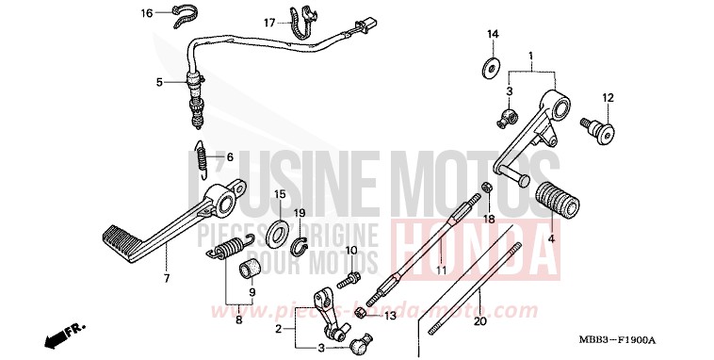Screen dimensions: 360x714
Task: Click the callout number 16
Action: pyautogui.click(x=147, y=13)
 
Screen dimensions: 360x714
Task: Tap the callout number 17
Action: pyautogui.click(x=269, y=23)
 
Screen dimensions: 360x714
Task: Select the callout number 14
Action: pyautogui.click(x=492, y=35)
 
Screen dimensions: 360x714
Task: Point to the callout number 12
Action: pyautogui.click(x=608, y=97)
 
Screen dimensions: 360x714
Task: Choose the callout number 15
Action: pyautogui.click(x=280, y=194)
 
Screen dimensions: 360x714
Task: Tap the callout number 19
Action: pyautogui.click(x=300, y=213)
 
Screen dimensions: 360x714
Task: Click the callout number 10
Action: pyautogui.click(x=350, y=251)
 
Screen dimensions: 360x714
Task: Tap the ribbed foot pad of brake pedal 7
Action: pyautogui.click(x=120, y=241)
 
